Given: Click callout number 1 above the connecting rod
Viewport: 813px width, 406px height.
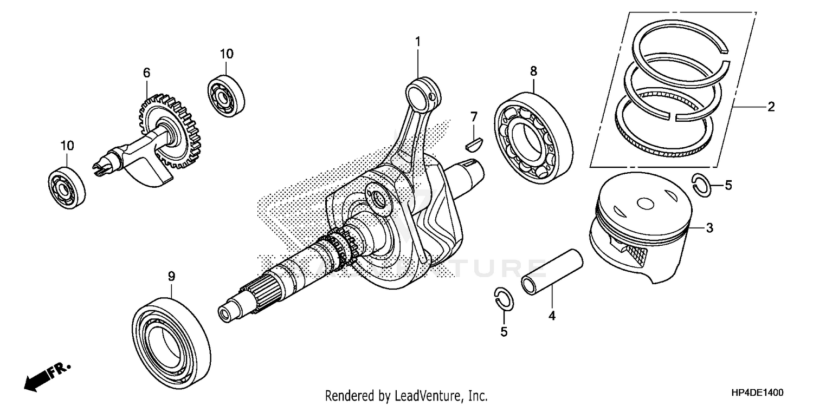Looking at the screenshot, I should (x=418, y=42).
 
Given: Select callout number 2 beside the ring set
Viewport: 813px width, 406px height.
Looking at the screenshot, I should (x=770, y=107).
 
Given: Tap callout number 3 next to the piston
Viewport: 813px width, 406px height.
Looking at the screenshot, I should (x=709, y=228).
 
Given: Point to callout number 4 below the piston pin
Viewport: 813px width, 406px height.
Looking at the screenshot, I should (x=552, y=315).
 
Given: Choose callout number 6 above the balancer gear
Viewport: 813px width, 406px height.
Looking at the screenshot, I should (x=146, y=73).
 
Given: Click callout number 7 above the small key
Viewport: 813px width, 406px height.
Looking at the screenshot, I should (x=474, y=116).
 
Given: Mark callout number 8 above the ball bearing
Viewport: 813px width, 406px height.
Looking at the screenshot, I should (x=533, y=70).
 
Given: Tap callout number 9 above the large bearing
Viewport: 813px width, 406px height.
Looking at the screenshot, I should (x=171, y=276).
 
